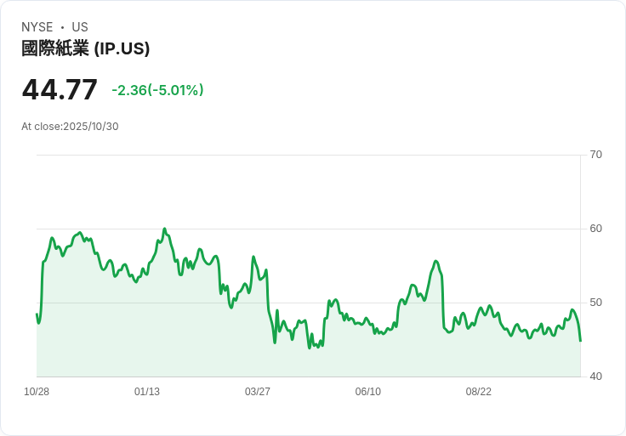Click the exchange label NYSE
coord(37,27)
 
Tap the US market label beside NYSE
coord(80,27)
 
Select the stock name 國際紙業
coord(55,48)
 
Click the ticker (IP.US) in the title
coord(122,48)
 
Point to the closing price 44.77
coord(60,89)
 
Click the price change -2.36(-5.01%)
coord(157,90)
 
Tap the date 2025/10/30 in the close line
coord(91,127)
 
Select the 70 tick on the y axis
coord(596,155)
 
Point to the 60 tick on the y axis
coord(596,229)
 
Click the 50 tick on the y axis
coord(596,303)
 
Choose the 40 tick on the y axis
coord(596,377)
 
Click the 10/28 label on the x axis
coord(37,392)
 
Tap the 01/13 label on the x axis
coord(147,392)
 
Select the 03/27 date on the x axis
coord(258,392)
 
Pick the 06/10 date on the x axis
coord(368,392)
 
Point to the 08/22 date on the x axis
coord(479,392)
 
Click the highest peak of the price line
coord(164,229)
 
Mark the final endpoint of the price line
coord(580,341)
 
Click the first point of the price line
coord(37,314)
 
